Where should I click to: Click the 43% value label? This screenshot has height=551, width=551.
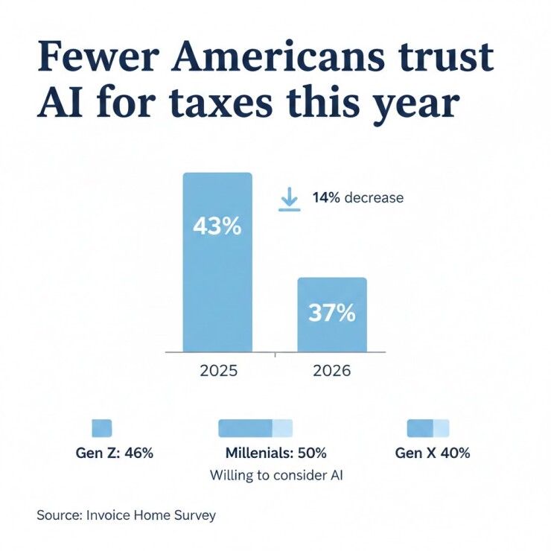point(217,226)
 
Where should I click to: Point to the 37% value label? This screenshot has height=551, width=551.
point(332,313)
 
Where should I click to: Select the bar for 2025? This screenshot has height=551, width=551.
point(217,283)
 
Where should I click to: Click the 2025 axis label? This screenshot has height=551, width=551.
point(218,370)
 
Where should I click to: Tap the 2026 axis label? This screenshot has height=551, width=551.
point(332,370)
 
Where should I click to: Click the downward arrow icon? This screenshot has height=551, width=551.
point(289,199)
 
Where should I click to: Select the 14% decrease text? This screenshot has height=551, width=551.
point(357,198)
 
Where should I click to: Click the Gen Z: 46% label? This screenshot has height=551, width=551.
point(115,453)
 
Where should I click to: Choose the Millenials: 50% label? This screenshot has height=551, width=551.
point(275,453)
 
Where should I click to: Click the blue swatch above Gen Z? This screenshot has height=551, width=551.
point(101,427)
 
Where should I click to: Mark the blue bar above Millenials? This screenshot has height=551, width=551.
point(255,427)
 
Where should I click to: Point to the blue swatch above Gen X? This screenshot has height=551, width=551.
point(428,427)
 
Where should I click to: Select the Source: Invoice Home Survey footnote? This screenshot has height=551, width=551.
point(126,515)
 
